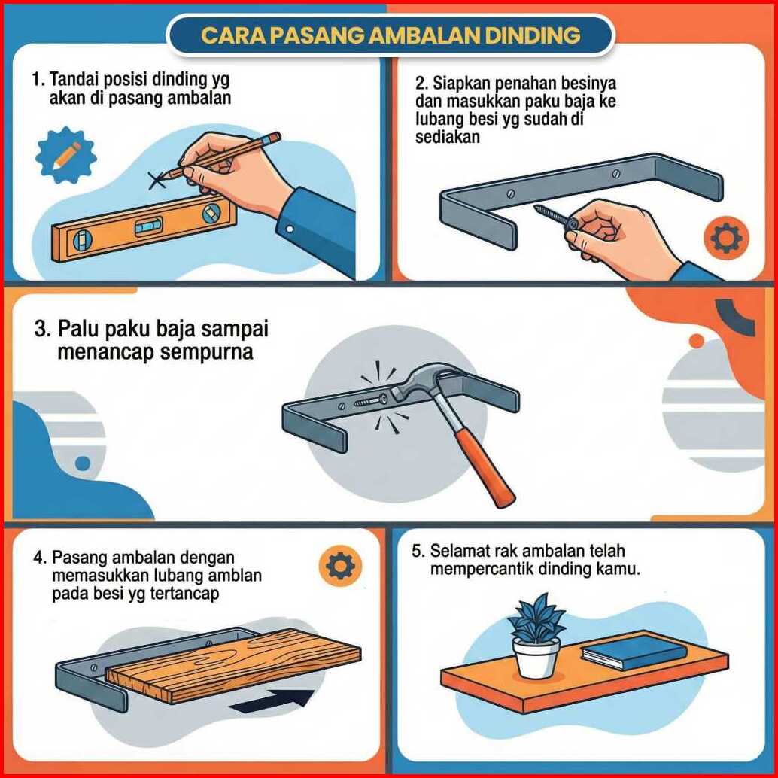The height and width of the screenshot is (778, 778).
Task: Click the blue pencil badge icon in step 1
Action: [x=66, y=155]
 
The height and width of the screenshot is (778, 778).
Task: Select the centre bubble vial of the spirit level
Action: [x=148, y=226]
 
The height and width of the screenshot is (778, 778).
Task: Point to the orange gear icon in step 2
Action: [x=727, y=238]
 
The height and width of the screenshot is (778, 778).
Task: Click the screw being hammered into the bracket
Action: [x=371, y=400]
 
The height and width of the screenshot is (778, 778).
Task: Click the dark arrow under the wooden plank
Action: [x=273, y=701]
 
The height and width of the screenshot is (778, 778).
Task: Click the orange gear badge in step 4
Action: [x=340, y=565]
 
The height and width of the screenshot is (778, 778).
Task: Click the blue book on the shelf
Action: [x=634, y=651]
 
